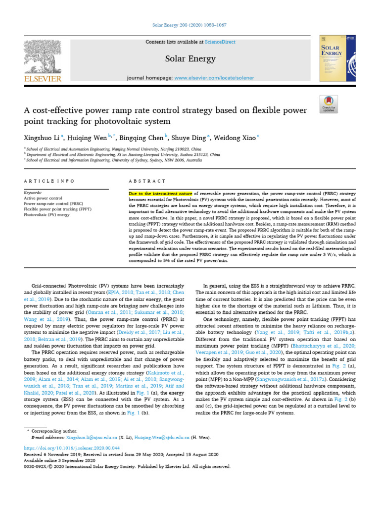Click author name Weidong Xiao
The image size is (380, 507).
click(x=232, y=138)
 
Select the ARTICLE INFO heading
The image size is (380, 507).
click(x=49, y=181)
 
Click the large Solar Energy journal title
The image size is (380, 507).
click(x=190, y=59)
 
